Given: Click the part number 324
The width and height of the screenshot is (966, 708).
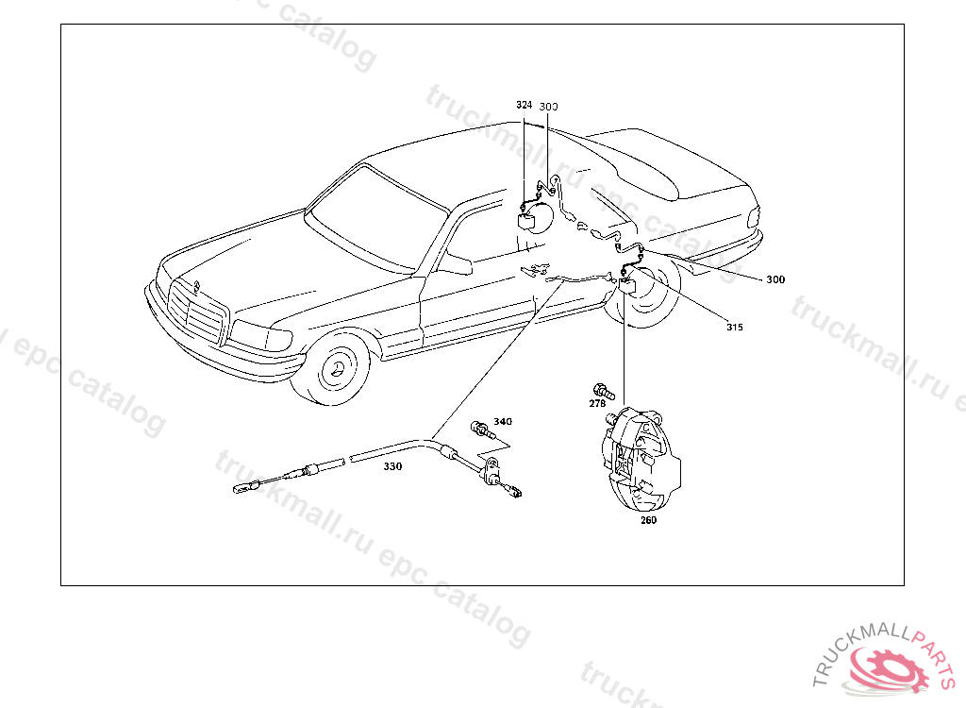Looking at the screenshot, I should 524,105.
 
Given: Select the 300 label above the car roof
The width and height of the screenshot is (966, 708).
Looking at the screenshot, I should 549,107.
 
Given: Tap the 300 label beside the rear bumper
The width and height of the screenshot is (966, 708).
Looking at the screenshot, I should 774,279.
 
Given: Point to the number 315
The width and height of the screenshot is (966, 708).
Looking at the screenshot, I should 735,328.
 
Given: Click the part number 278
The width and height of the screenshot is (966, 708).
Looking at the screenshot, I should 597,403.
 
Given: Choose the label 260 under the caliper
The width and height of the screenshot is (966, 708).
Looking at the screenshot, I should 648,519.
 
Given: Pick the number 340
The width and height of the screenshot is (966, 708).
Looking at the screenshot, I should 503,421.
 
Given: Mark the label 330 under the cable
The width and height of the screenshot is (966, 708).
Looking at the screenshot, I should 392,466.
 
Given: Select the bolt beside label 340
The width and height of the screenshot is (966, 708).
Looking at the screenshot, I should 484,430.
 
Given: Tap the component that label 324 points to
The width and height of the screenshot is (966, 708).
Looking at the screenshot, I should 529,220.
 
